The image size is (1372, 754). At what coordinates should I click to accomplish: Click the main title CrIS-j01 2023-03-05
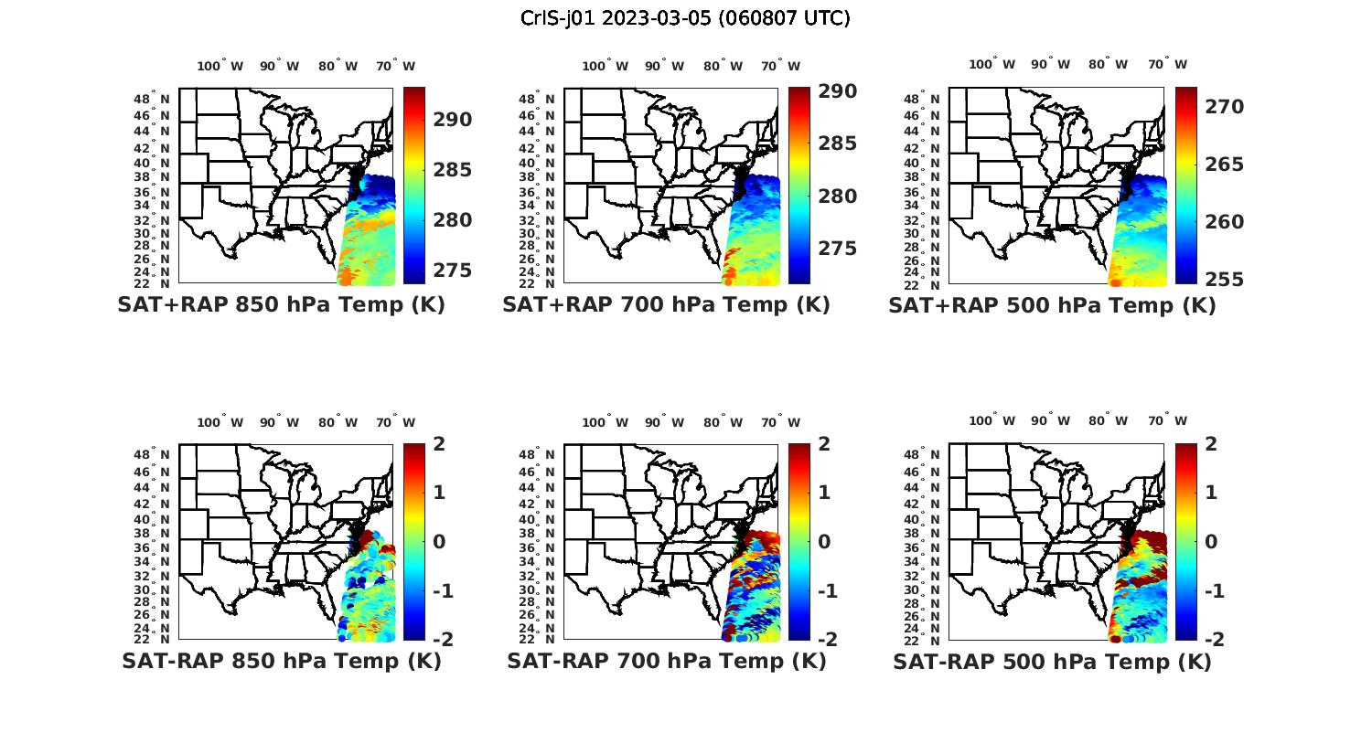click(685, 18)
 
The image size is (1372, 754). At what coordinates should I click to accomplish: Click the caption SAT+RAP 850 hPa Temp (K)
click(281, 305)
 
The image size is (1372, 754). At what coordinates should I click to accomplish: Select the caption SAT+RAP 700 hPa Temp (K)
click(666, 305)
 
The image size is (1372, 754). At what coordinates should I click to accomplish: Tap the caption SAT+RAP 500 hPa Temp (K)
click(1052, 306)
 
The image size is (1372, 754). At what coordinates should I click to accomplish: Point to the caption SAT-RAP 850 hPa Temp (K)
click(281, 661)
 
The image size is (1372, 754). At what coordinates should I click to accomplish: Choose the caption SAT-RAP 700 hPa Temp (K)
click(666, 661)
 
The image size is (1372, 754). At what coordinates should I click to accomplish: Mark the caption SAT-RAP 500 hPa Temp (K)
click(1052, 662)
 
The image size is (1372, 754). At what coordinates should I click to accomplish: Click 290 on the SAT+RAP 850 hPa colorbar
click(453, 120)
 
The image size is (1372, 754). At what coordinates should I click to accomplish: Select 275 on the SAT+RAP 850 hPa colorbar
click(453, 271)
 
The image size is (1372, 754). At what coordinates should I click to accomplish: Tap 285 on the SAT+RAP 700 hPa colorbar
click(838, 143)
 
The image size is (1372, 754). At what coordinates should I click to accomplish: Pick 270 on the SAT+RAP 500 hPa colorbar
click(1225, 107)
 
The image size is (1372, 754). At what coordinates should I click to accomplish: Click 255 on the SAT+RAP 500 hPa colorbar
click(1225, 280)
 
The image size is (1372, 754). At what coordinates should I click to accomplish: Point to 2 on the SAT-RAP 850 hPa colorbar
click(439, 444)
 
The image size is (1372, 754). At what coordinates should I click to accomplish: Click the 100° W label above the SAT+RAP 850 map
click(220, 66)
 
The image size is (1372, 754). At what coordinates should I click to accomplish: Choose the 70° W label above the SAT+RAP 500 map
click(1168, 64)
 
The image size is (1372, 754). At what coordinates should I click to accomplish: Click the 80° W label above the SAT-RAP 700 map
click(724, 422)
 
